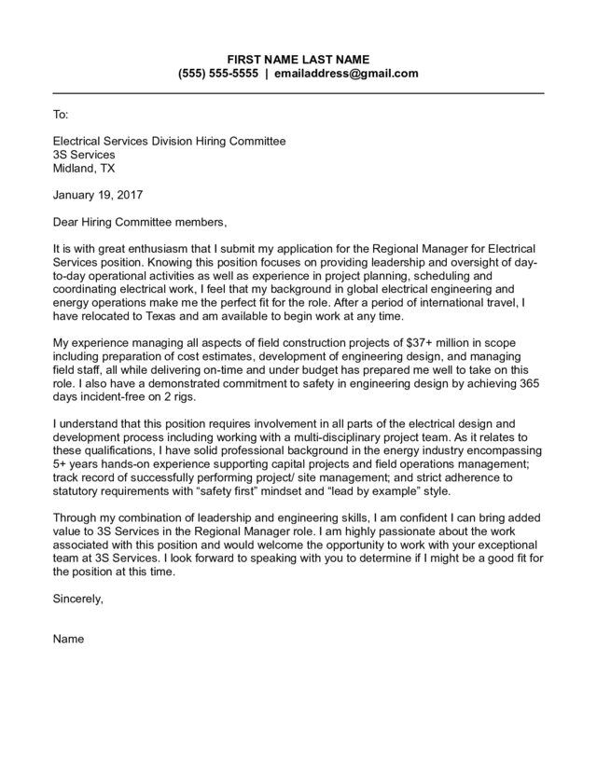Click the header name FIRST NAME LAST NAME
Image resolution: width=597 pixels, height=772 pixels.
point(298,59)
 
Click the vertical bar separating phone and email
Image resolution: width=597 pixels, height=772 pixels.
point(266,74)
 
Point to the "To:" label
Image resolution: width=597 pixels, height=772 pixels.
point(60,115)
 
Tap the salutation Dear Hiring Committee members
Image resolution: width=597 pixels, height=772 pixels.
point(139,223)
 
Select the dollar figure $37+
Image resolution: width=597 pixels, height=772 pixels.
point(419,344)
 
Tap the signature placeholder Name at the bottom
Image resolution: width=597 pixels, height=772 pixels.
point(68,640)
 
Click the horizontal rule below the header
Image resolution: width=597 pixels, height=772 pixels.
point(298,93)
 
